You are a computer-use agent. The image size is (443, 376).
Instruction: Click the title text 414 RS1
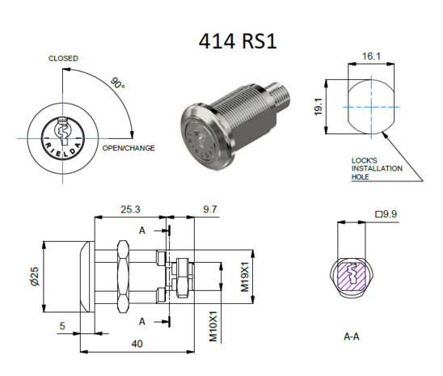(x=238, y=40)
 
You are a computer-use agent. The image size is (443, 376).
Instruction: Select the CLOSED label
(x=64, y=58)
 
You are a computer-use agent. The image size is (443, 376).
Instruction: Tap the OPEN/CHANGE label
(x=128, y=149)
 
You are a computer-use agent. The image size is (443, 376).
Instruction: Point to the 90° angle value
(x=116, y=83)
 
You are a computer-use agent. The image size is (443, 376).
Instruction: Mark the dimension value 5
(x=62, y=327)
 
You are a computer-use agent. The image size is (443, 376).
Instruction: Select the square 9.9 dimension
(x=388, y=214)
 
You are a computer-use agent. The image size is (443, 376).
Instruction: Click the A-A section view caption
(x=352, y=334)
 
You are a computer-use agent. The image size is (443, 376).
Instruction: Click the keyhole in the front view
(x=61, y=129)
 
